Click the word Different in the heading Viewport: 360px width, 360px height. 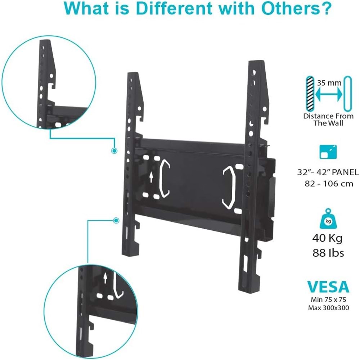click(174, 9)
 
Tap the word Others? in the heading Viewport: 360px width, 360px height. click(296, 9)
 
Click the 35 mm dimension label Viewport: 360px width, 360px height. click(329, 83)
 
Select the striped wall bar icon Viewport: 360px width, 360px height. click(310, 94)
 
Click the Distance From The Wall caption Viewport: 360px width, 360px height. click(328, 120)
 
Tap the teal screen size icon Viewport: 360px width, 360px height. click(328, 152)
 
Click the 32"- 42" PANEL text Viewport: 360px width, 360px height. click(328, 172)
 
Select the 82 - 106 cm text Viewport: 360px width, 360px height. click(329, 184)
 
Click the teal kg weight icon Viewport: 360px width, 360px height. click(328, 219)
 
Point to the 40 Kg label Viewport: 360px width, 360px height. click(327, 238)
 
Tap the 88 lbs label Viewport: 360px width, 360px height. click(328, 253)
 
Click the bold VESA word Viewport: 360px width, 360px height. click(328, 287)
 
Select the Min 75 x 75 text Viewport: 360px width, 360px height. click(328, 300)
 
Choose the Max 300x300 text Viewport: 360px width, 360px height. click(329, 308)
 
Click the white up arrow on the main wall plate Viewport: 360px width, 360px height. click(151, 177)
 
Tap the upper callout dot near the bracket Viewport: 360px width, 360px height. click(114, 150)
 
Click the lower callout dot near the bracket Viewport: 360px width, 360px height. click(116, 220)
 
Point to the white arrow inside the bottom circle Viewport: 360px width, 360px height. click(105, 278)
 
